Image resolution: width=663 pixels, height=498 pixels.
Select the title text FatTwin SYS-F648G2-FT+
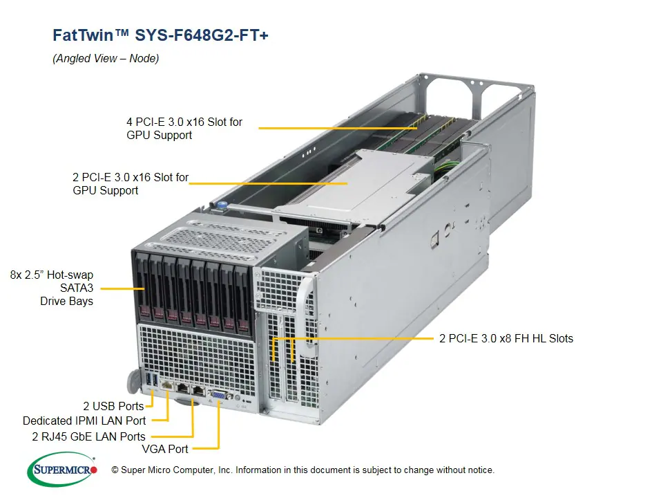160,35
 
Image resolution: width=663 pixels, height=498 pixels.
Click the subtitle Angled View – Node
106,59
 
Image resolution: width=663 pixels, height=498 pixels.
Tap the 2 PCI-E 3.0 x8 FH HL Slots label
506,338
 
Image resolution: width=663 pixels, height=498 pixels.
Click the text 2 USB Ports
113,406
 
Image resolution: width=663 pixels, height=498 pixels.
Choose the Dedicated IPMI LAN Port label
84,421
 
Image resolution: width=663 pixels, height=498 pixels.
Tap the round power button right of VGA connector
238,399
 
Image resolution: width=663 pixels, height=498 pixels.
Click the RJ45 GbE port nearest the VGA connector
200,391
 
